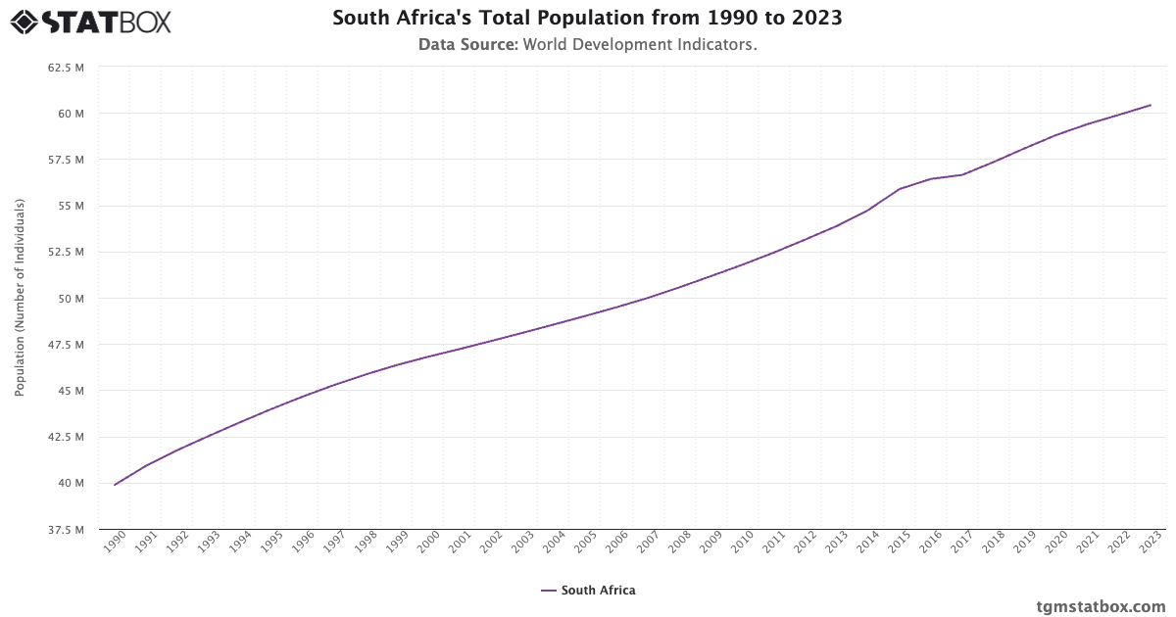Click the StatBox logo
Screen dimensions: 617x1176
tap(90, 22)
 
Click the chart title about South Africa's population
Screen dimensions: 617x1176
tap(587, 19)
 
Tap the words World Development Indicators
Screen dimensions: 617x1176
tap(640, 45)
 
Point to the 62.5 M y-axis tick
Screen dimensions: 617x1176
tap(66, 68)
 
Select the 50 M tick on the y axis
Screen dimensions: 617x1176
tap(71, 299)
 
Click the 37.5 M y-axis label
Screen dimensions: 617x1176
tap(66, 530)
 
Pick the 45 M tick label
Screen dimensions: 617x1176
tap(71, 391)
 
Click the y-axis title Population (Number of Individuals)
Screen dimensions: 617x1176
tap(20, 298)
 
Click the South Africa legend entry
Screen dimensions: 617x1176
tap(588, 591)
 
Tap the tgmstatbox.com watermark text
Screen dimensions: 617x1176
tap(1101, 606)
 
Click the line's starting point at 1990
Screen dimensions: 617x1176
tap(115, 485)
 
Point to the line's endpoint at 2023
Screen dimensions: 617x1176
tap(1151, 105)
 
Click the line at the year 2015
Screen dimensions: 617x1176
tap(900, 188)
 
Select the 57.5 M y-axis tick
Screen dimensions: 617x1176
tap(66, 160)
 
